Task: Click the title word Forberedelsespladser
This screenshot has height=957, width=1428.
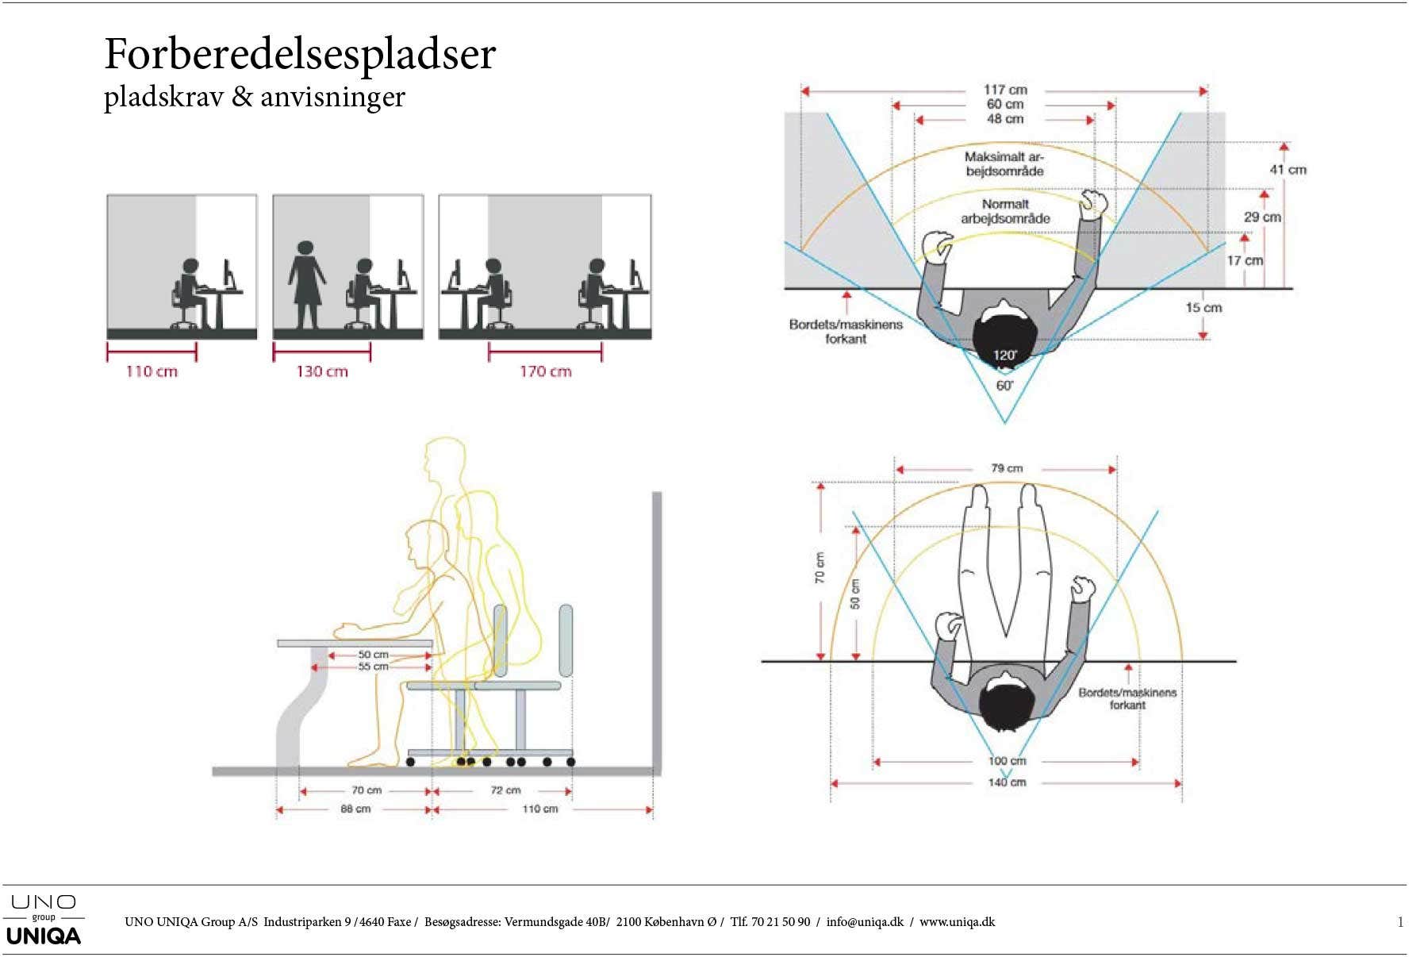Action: (x=300, y=56)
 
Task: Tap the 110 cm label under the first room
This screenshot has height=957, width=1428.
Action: (x=152, y=371)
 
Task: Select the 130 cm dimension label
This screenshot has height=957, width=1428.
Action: (x=322, y=371)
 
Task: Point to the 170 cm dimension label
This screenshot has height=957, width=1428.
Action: (x=546, y=371)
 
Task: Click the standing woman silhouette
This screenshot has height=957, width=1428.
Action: (x=306, y=285)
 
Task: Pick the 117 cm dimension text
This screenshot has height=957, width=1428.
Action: (x=1005, y=90)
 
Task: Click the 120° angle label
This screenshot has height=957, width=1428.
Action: (x=1005, y=355)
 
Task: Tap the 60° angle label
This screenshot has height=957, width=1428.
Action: (x=1004, y=386)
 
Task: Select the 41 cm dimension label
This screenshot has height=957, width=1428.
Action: (x=1288, y=170)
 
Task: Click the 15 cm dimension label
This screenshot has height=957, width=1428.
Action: (x=1203, y=308)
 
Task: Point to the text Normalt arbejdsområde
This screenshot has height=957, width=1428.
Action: (x=1005, y=211)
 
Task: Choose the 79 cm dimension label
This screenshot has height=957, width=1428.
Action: (x=1007, y=468)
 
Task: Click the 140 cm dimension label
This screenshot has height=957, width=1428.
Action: (x=1007, y=782)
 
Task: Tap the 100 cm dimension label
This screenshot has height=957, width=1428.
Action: (x=1007, y=761)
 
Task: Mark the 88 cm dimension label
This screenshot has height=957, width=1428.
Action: (x=355, y=809)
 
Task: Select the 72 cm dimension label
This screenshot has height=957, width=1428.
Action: (x=505, y=790)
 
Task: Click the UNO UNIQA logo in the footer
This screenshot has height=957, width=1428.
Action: (x=44, y=920)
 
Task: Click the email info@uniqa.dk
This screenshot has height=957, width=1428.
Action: (x=865, y=922)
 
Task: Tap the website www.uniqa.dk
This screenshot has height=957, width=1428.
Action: (x=957, y=922)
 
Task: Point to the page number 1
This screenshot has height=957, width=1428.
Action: (x=1400, y=922)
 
